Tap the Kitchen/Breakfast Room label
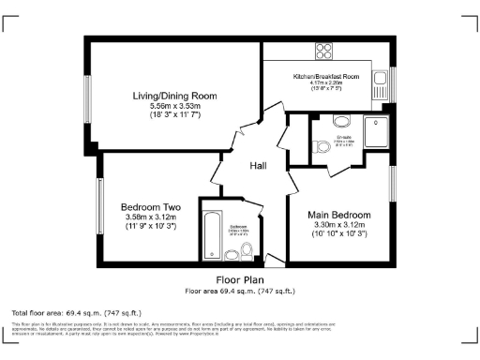pos(326,76)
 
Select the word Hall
pos(261,166)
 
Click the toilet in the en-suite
pos(322,145)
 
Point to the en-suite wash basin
pos(341,121)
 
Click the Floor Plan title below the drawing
pos(240,279)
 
